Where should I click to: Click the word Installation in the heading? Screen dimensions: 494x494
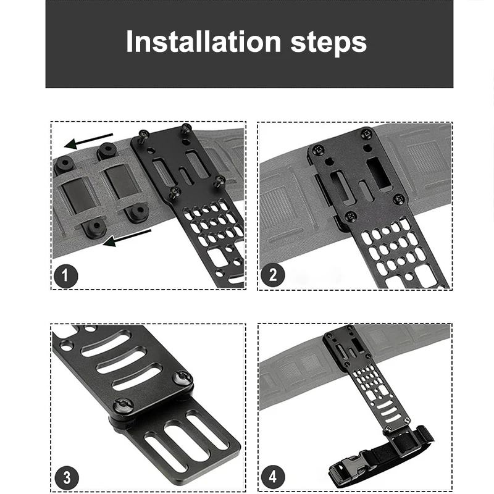point(204,41)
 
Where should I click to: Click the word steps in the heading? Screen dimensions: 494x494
point(329,43)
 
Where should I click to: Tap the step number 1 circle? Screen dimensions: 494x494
point(65,276)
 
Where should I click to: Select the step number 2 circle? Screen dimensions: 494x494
point(273,274)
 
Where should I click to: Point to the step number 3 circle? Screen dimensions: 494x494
point(67,477)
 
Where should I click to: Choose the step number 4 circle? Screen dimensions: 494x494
point(273,477)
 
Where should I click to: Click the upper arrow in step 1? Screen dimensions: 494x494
point(88,140)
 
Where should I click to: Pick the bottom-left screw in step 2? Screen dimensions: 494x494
point(351,216)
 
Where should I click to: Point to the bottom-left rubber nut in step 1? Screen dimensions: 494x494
point(94,227)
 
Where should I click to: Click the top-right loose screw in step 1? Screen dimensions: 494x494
point(186,129)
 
